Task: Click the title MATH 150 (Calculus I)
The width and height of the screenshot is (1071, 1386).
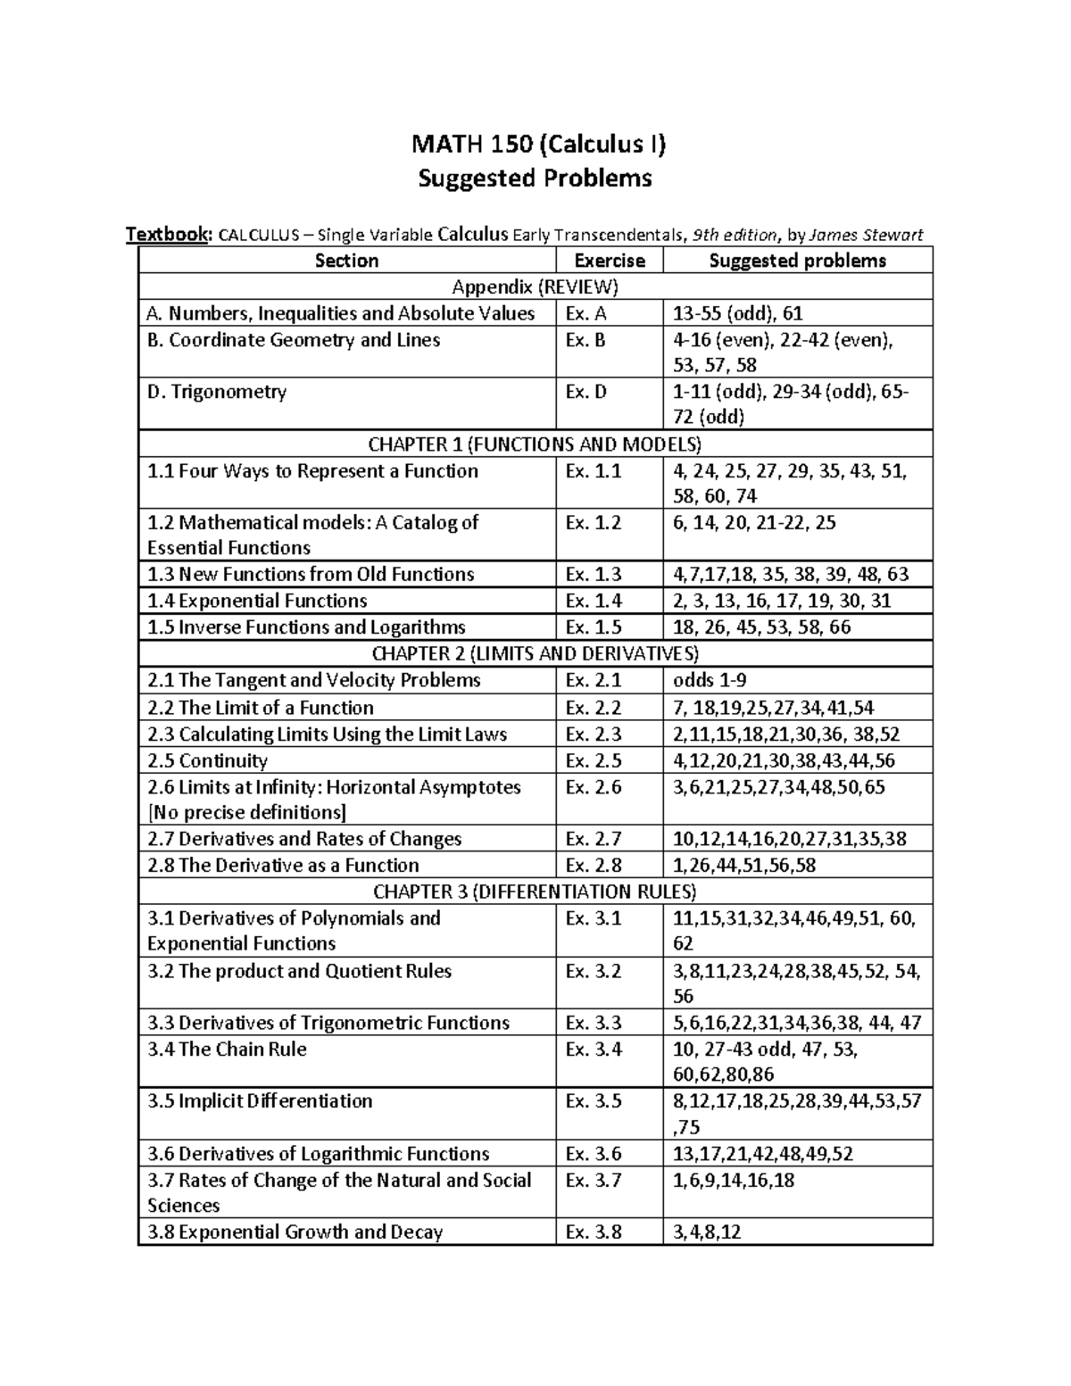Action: [x=535, y=143]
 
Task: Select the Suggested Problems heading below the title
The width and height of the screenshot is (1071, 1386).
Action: [x=535, y=178]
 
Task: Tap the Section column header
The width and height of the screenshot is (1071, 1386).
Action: [x=346, y=261]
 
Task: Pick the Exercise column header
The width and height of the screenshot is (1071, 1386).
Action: [x=610, y=261]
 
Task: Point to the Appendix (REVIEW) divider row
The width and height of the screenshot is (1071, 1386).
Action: [x=535, y=286]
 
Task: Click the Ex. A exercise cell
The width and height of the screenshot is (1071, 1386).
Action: [x=585, y=313]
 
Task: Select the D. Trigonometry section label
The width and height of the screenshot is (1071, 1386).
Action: [x=217, y=392]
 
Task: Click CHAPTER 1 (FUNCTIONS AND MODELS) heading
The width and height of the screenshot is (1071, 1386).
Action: [x=535, y=444]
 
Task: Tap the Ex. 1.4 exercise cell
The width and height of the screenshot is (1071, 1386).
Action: [x=593, y=601]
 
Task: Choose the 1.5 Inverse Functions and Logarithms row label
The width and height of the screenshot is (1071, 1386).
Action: [x=306, y=627]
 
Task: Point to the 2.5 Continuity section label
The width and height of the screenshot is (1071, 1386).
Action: [x=207, y=760]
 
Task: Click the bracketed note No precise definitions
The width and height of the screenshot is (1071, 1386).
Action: [x=246, y=812]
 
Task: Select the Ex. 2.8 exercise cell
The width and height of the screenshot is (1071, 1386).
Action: [x=593, y=865]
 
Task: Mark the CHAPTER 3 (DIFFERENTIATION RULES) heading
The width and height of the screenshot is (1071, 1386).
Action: [x=535, y=892]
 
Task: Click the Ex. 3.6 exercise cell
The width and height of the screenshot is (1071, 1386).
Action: [x=593, y=1154]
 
